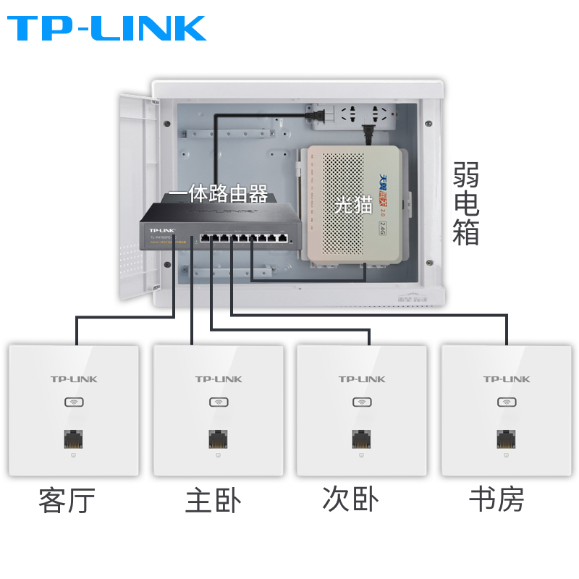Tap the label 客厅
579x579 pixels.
coord(67,500)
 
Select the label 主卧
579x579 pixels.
coord(213,500)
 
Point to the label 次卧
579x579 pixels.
coord(350,499)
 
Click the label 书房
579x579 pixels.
coord(496,499)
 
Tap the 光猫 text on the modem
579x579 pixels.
coord(352,205)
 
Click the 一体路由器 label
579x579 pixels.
coord(218,194)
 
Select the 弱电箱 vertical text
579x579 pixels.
coord(466,203)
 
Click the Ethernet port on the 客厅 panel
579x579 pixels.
coord(74,439)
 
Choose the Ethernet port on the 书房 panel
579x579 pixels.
coord(506,439)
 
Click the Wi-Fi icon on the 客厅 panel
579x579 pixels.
coord(74,402)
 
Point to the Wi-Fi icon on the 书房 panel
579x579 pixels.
coord(506,402)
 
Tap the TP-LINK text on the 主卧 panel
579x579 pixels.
coord(218,379)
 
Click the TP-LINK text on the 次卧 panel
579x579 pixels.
coord(361,379)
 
